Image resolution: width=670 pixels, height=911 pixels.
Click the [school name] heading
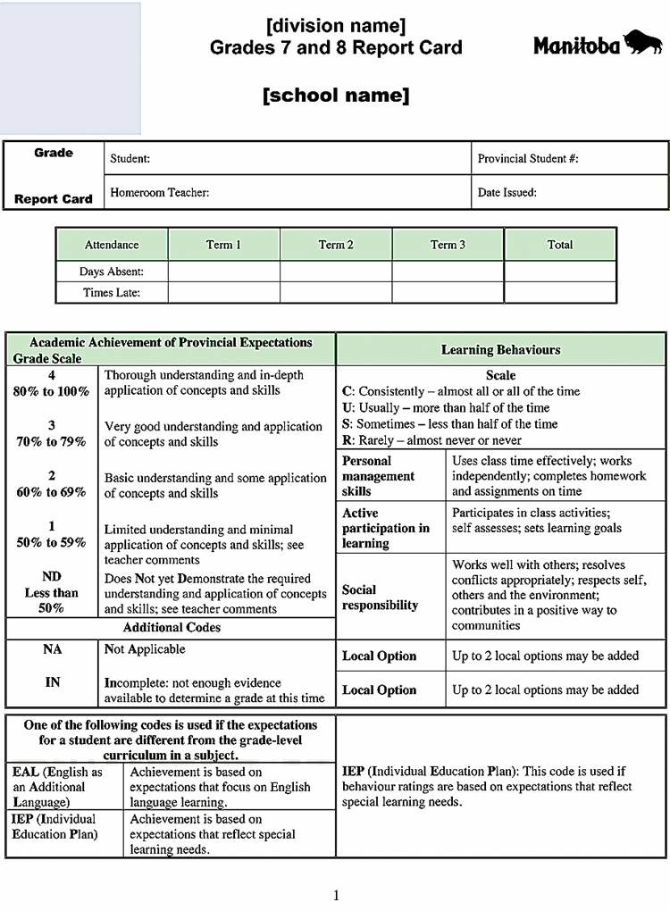coord(336,96)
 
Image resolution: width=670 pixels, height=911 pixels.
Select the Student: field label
coord(130,158)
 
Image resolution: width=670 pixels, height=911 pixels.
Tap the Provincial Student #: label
coord(528,158)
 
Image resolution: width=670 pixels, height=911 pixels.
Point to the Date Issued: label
coord(507,192)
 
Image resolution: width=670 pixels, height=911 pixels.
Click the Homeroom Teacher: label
coord(159,192)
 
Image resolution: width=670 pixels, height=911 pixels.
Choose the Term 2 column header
coord(336,245)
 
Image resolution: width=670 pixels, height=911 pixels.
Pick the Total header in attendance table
coord(560,245)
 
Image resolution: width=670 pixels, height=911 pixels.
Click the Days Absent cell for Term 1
coord(224,271)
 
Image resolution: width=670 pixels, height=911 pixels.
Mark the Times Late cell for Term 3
coord(448,292)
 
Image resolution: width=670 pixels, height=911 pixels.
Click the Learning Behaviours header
coord(501,349)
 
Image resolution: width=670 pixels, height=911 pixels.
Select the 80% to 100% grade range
coord(52,391)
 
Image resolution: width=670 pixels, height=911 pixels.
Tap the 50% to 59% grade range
coord(52,542)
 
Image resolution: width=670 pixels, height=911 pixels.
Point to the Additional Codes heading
coord(172,628)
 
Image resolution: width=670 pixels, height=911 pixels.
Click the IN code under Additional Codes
coord(53,682)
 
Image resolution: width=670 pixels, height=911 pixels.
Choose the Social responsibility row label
coord(380,598)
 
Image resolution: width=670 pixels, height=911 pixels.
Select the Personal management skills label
coord(378,476)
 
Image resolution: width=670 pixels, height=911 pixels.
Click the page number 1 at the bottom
coord(336,895)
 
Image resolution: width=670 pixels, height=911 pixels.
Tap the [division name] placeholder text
coord(336,25)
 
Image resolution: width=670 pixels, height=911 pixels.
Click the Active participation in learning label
coord(385,528)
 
